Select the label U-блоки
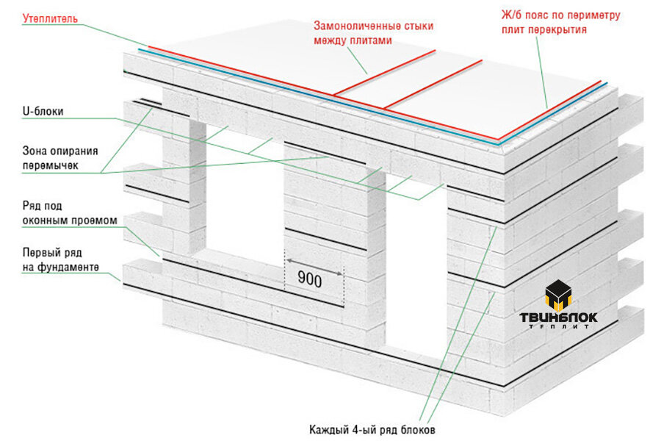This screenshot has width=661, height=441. click(x=43, y=112)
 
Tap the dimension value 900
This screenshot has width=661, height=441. click(x=310, y=279)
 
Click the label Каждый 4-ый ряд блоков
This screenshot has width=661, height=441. click(x=377, y=429)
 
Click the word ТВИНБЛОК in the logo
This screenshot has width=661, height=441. click(x=559, y=318)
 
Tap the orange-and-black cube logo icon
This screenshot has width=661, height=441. click(x=559, y=295)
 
